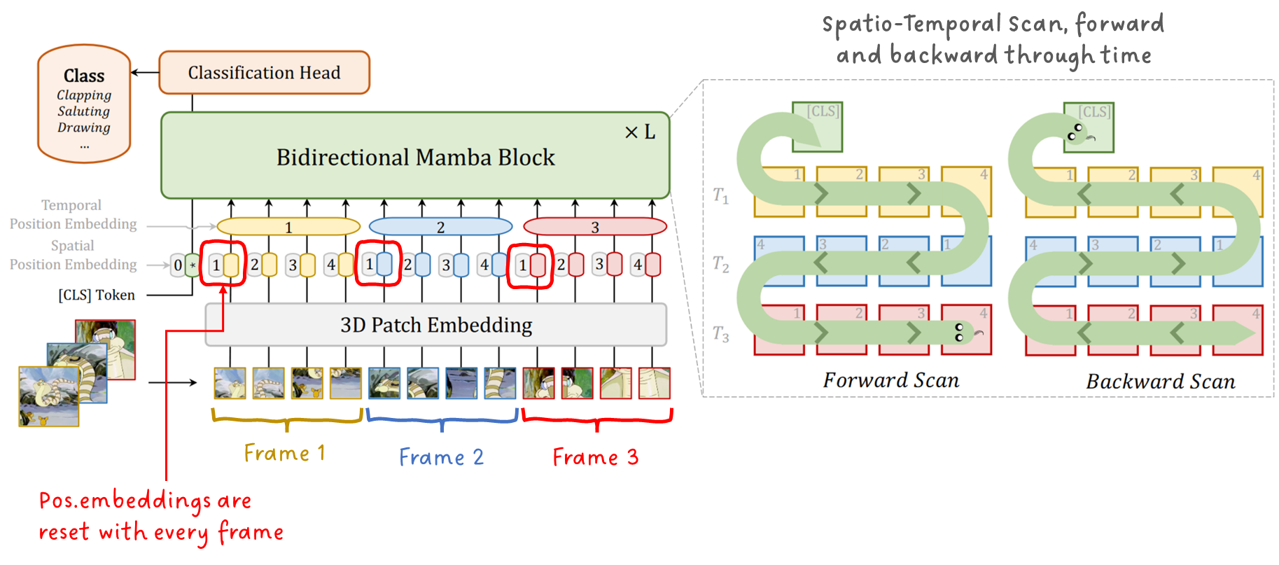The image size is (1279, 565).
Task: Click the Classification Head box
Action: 264,73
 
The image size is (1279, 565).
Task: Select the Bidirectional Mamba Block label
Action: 415,158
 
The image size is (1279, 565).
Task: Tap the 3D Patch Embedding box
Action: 435,325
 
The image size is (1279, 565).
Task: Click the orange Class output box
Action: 84,104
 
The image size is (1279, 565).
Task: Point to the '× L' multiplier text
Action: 640,132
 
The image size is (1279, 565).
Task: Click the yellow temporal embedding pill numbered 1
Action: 288,227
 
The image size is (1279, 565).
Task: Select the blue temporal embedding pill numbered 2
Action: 440,227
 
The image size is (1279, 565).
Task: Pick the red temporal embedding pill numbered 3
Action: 594,227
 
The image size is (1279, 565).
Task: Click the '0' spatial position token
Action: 178,265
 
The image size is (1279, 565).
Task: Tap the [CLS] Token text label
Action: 97,295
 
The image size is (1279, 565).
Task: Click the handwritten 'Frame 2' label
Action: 441,457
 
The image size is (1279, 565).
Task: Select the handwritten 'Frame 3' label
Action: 595,457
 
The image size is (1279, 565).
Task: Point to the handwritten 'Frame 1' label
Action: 284,453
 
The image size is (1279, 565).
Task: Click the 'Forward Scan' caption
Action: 890,380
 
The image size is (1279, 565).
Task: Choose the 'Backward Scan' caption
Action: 1160,382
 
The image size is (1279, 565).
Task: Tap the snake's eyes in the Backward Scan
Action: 1075,132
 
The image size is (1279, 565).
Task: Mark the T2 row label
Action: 720,264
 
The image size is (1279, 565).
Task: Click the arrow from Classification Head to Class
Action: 145,72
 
